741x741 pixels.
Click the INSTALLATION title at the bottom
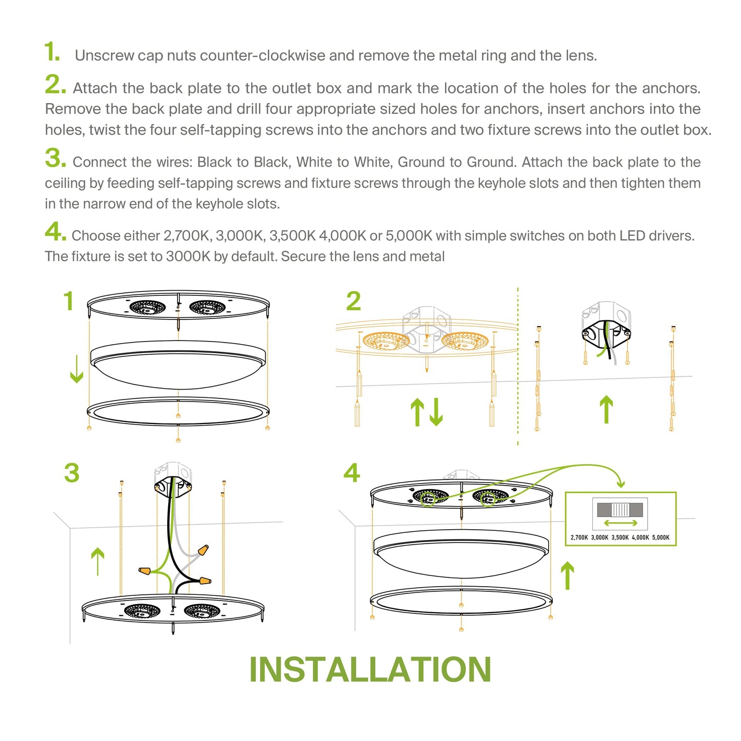(370, 670)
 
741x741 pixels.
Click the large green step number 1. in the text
(52, 52)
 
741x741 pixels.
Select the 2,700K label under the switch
(579, 537)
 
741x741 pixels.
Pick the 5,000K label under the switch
(660, 537)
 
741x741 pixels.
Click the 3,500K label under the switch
(619, 537)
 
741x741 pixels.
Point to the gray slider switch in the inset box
(619, 510)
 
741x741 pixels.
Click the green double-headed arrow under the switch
(620, 523)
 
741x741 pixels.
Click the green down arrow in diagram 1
(76, 369)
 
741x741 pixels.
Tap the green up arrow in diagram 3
(97, 561)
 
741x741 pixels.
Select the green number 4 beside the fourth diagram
(352, 473)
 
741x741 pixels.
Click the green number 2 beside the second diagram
(353, 301)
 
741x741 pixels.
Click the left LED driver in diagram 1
(148, 308)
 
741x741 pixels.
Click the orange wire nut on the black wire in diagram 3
(205, 580)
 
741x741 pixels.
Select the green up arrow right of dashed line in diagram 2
(606, 409)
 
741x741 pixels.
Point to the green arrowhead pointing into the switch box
(621, 483)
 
